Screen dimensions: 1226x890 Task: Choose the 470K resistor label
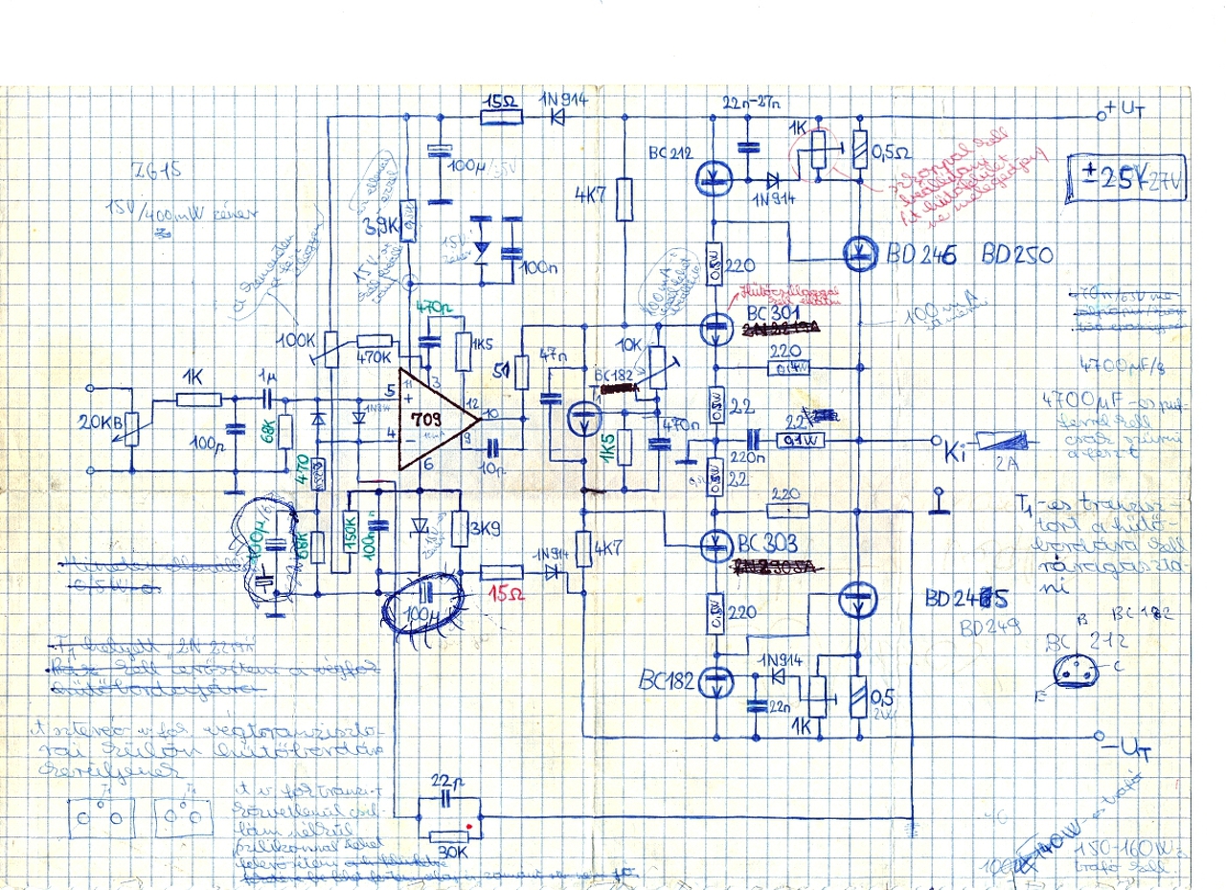373,357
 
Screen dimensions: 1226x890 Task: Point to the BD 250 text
1017,256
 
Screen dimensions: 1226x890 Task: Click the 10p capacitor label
495,468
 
